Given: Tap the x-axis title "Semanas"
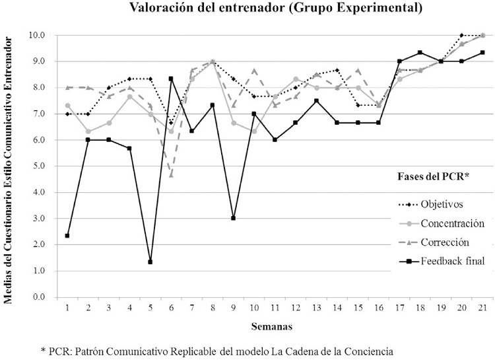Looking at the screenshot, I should [x=273, y=326].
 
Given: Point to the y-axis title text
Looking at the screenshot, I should [x=9, y=166].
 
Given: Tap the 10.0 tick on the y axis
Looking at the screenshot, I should [x=36, y=35].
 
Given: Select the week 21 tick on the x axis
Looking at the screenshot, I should [x=482, y=308].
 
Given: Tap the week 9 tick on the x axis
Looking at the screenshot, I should [x=233, y=308].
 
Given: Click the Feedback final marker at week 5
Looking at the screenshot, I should [x=150, y=262].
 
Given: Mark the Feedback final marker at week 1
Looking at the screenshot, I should [x=67, y=236].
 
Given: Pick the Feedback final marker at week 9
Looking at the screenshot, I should [x=233, y=218].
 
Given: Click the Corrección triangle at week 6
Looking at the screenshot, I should [x=171, y=174].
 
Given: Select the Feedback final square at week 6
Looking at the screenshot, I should [x=171, y=79].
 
